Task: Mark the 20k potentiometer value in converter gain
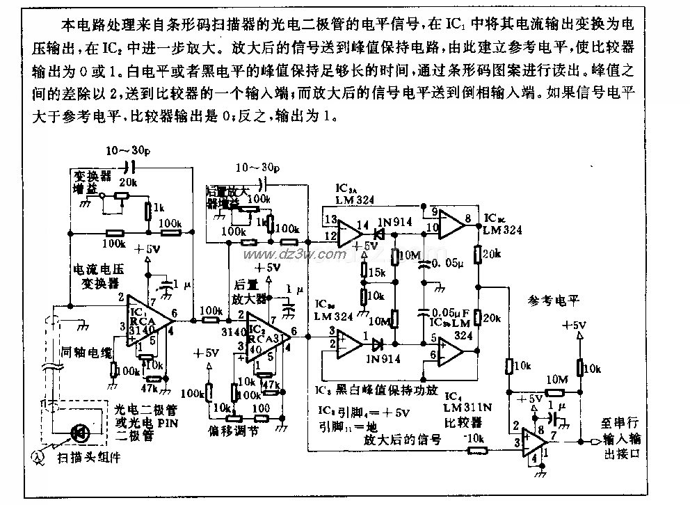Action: point(128,182)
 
